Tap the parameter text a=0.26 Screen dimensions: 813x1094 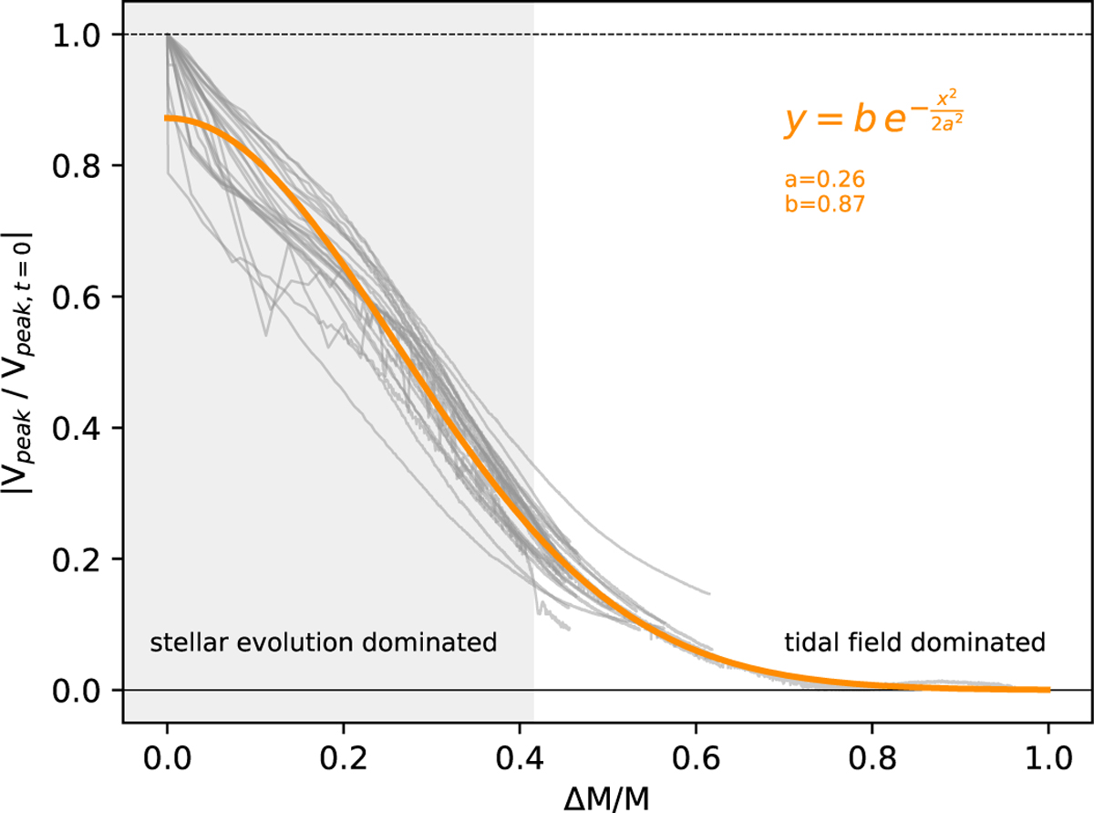coord(823,180)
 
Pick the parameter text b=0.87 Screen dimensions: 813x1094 coord(823,204)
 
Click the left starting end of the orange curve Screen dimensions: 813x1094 coord(167,119)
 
